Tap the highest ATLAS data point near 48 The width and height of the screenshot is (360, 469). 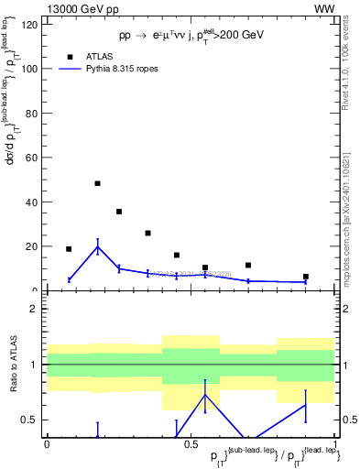tap(98, 183)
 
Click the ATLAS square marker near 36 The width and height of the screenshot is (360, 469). tap(119, 212)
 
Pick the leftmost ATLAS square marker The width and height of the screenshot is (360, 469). tap(69, 249)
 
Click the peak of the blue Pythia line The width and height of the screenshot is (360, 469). tap(98, 246)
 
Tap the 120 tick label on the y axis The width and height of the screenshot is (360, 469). tap(31, 25)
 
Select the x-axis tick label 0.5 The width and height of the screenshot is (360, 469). tap(191, 443)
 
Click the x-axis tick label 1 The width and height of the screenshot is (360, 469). tap(334, 443)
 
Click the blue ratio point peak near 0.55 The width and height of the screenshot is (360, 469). tap(205, 395)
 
